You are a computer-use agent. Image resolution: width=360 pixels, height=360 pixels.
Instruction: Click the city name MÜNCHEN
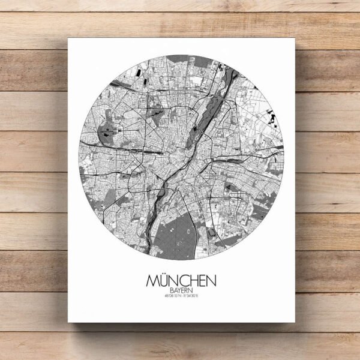coord(181,281)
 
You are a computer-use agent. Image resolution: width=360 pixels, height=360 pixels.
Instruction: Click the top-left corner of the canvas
coord(68,39)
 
